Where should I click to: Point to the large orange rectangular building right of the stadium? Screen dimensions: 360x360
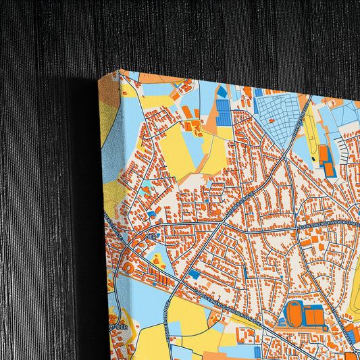click(x=315, y=315)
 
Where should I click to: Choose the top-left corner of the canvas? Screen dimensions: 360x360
click(x=120, y=70)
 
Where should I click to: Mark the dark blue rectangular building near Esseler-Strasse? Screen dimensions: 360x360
click(x=195, y=274)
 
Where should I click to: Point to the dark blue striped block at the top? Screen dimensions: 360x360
click(x=223, y=112)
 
